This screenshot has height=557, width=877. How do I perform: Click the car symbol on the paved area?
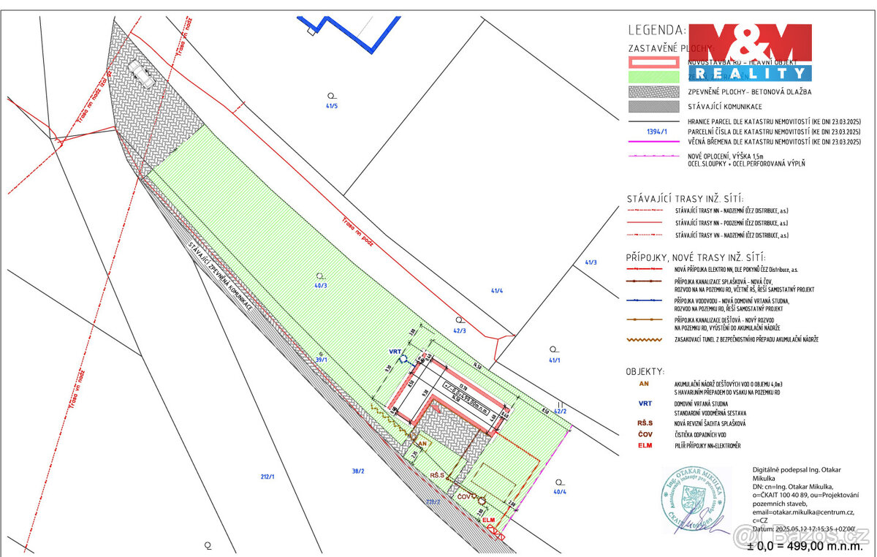tap(140, 74)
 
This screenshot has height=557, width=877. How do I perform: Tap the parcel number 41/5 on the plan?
tap(332, 106)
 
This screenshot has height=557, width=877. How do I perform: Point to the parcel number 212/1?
tap(267, 477)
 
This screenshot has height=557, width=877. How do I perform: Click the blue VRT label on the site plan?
tap(395, 352)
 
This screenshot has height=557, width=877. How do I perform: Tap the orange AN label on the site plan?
tap(422, 443)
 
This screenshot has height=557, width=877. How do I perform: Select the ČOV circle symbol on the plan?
tap(482, 500)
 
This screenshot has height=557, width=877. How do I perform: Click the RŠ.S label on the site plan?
tap(438, 475)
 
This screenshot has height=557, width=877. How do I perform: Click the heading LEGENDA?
tap(656, 30)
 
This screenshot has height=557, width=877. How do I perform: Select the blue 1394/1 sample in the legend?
tap(658, 132)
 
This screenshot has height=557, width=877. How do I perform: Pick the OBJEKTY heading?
tap(645, 371)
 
